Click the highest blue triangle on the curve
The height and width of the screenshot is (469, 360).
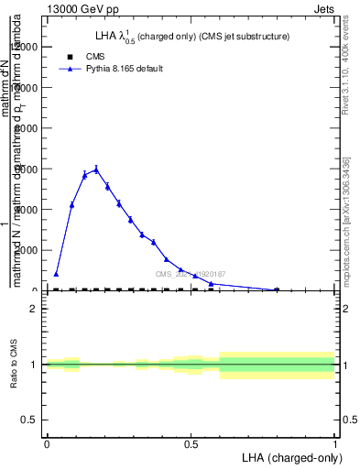tap(96, 169)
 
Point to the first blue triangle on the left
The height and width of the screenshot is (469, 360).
tap(56, 274)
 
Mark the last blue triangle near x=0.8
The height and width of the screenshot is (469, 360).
tap(277, 289)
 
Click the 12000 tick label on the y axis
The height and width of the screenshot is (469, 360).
tap(26, 47)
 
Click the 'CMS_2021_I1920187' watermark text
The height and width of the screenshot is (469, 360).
tap(190, 274)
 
